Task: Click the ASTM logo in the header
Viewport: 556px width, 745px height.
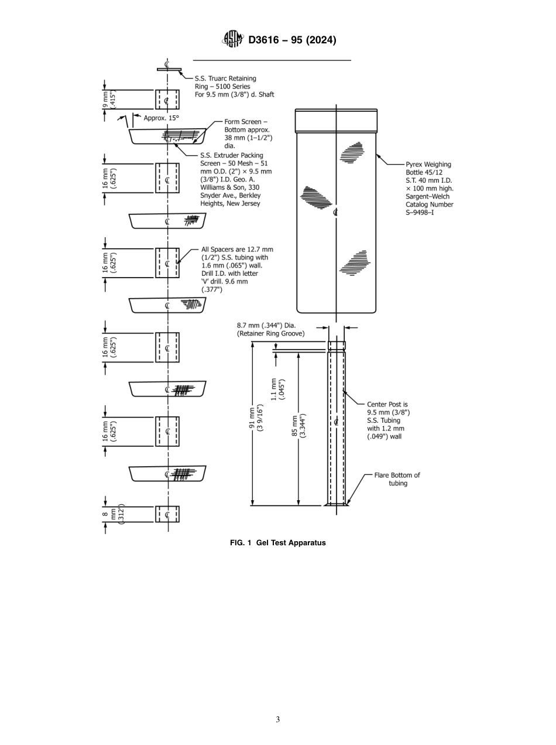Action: pos(234,39)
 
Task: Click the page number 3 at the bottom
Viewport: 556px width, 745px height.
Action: pos(277,719)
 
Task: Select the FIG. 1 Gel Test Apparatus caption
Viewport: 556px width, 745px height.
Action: pos(277,542)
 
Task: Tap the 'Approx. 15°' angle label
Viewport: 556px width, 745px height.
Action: pos(161,118)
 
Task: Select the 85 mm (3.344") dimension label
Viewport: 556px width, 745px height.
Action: pos(303,425)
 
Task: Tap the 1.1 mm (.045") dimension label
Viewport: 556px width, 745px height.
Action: pos(277,388)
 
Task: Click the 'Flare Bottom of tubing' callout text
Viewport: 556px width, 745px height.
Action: pos(397,479)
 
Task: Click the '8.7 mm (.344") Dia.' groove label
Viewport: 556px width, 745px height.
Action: pos(270,329)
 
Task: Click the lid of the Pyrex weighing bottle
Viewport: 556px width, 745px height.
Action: pos(336,121)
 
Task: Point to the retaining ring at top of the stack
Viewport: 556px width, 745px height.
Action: pos(169,70)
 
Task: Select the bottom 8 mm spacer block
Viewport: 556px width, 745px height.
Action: pos(167,514)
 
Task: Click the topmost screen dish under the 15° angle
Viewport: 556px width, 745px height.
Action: pos(167,136)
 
